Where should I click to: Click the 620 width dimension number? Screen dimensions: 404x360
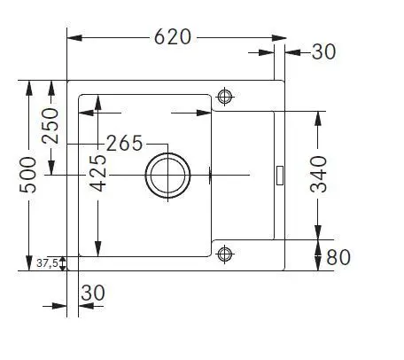[173, 37]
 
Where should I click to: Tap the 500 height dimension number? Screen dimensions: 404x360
[28, 175]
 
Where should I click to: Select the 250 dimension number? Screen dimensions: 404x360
[50, 126]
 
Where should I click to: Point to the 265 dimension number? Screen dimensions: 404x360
[124, 144]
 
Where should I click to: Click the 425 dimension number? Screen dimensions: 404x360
[98, 173]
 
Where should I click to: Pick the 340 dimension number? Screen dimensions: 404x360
[319, 175]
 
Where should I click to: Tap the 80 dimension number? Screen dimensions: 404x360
[338, 257]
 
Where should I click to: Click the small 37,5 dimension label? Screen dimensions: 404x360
[47, 262]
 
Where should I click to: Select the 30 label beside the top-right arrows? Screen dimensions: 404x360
[323, 51]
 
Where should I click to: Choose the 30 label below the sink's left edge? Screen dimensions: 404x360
[93, 293]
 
